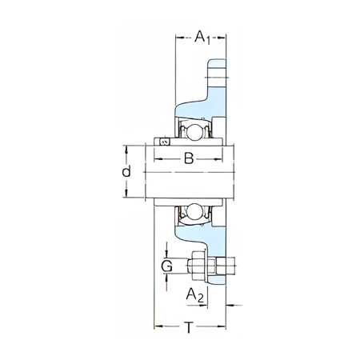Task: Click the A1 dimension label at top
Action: (x=202, y=37)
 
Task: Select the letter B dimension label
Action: (x=189, y=158)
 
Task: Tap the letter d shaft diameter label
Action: (x=126, y=171)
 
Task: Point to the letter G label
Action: (x=167, y=266)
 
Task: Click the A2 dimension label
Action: (x=195, y=295)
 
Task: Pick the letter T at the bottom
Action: (x=189, y=327)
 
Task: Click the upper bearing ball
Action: (x=194, y=131)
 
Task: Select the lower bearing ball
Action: (x=194, y=212)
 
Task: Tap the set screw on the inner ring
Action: (x=164, y=142)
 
